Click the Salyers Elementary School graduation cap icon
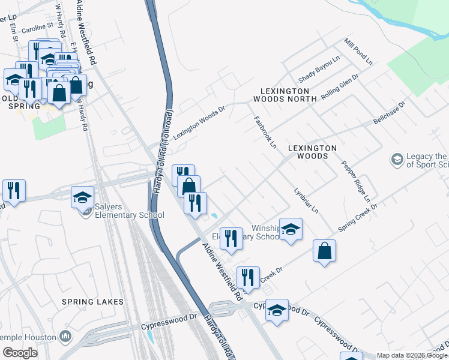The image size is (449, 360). click(x=83, y=196)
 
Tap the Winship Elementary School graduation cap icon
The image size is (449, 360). click(x=291, y=229)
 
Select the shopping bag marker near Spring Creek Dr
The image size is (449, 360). click(x=324, y=251)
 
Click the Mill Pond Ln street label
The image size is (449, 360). click(x=358, y=52)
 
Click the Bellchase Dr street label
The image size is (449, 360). click(x=390, y=112)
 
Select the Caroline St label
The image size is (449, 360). click(x=37, y=28)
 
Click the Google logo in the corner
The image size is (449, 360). click(x=20, y=352)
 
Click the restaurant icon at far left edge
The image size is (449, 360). click(x=13, y=190)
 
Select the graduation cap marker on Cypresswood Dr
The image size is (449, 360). click(x=277, y=310)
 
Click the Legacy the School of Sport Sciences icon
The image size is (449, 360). click(x=397, y=160)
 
